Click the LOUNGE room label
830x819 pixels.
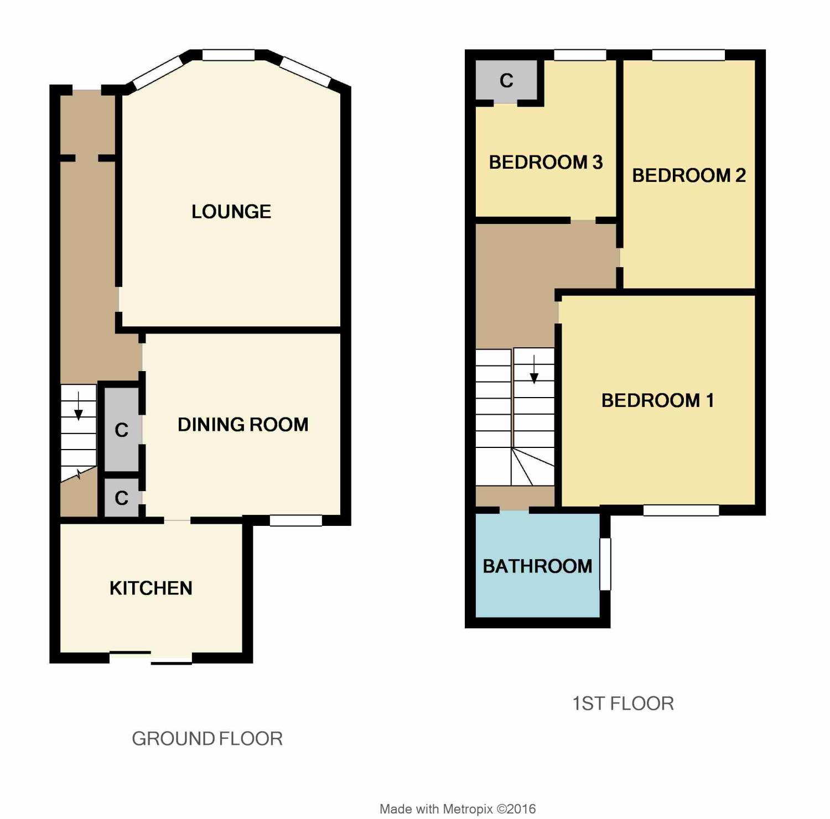coord(231,212)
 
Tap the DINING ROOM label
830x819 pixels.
coord(243,425)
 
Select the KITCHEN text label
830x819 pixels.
coord(151,588)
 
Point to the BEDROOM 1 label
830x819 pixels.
coord(657,400)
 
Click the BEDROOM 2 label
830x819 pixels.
coord(689,175)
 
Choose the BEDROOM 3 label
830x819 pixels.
coord(546,163)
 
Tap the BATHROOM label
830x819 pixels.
coord(537,566)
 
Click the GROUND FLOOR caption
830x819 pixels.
coord(207,739)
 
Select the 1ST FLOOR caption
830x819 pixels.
coord(623,703)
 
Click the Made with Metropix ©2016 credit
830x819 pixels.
coord(458,809)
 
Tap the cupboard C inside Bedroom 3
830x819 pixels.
coord(506,81)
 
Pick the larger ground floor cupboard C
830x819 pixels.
coord(122,430)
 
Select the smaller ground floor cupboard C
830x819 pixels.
coord(122,498)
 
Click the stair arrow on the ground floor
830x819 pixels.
coord(79,406)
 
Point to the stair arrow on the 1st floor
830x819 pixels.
coord(534,369)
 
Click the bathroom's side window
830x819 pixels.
coord(605,564)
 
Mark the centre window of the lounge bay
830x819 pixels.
coord(229,55)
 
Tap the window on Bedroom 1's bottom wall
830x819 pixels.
coord(681,510)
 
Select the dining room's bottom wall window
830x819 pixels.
coord(295,520)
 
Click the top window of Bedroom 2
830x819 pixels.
coord(688,55)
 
